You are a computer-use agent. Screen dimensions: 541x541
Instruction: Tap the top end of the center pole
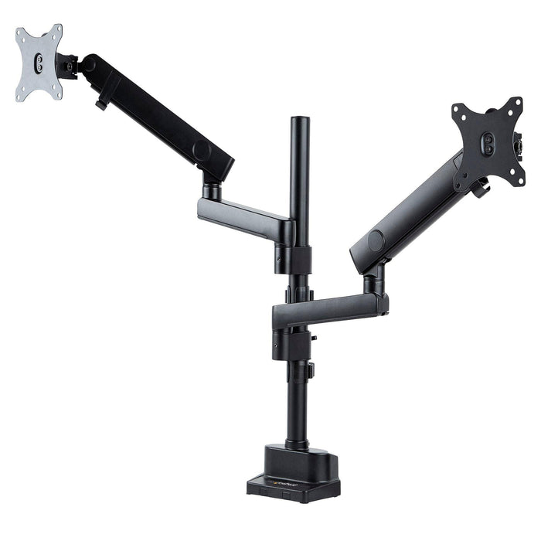tap(300, 121)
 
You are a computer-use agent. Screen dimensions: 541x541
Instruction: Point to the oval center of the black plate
tap(488, 143)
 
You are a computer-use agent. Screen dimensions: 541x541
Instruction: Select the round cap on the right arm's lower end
tap(376, 241)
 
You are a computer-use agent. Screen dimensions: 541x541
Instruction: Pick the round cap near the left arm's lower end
tap(202, 152)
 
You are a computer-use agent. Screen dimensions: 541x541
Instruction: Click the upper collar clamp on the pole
tap(298, 259)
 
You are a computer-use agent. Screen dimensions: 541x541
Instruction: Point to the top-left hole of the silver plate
tap(21, 35)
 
